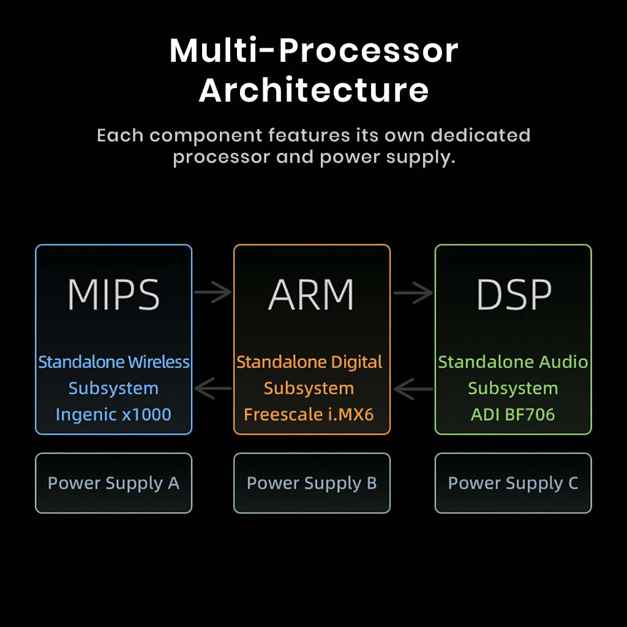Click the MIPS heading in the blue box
click(113, 295)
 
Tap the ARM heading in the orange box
click(311, 295)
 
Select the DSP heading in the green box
click(514, 295)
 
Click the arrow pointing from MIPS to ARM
click(212, 292)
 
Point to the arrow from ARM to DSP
click(413, 292)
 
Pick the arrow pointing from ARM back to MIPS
click(212, 388)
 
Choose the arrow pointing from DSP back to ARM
click(413, 388)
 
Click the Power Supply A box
click(113, 483)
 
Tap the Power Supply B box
click(312, 483)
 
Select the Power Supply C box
click(513, 483)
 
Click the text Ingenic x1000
click(113, 415)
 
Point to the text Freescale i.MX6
click(309, 415)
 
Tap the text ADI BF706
click(513, 415)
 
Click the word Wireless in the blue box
click(159, 362)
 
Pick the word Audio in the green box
click(563, 362)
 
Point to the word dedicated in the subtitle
click(481, 135)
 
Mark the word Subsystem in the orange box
click(309, 388)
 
